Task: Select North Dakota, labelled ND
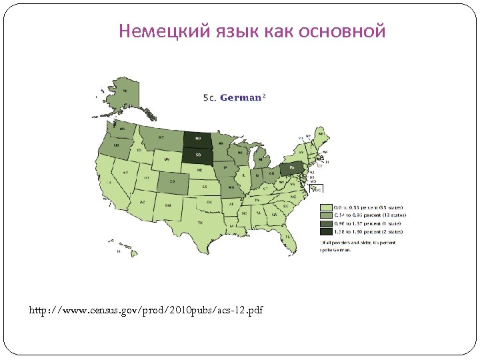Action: (197, 139)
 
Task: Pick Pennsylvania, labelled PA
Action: (291, 168)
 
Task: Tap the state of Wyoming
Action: (167, 160)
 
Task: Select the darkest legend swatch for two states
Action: (325, 231)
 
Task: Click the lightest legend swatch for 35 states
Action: (325, 207)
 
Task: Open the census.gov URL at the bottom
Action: (147, 310)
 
